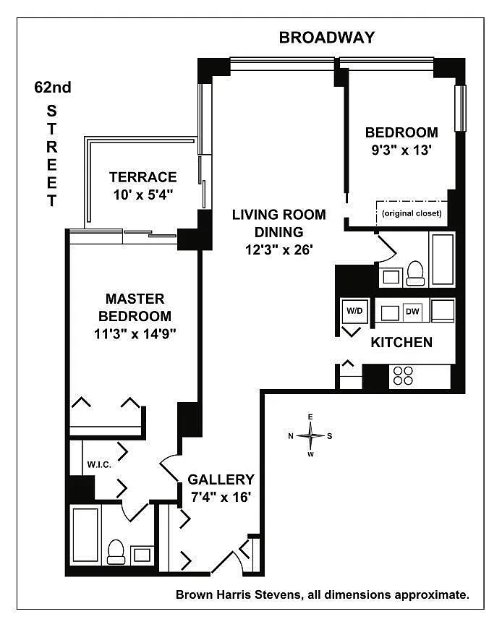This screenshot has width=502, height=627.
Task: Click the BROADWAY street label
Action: [327, 38]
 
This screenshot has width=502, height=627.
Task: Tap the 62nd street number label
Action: [53, 88]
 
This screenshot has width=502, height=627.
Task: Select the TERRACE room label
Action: [143, 176]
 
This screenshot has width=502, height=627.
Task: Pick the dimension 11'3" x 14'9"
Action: [135, 333]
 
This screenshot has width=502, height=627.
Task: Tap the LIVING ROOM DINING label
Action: [278, 223]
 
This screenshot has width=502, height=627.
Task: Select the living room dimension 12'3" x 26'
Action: [278, 250]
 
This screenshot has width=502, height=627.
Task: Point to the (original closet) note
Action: [412, 213]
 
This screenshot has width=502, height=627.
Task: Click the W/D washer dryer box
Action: [354, 311]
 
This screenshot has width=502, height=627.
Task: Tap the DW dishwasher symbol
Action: [412, 311]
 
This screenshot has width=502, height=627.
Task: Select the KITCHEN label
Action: [401, 342]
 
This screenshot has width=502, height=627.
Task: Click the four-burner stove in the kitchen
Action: [402, 376]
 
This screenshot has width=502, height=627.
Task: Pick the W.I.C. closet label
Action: [98, 464]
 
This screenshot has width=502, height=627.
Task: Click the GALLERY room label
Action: [221, 479]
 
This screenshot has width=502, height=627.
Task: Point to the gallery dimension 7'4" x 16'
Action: [221, 497]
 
